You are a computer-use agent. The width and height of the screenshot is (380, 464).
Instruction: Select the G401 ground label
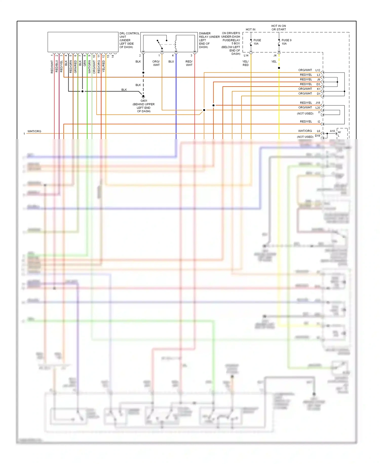click(144, 101)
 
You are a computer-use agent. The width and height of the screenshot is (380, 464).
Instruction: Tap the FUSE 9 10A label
click(286, 42)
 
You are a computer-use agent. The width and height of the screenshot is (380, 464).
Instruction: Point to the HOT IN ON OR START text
click(278, 28)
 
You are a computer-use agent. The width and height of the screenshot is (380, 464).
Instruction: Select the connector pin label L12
click(318, 70)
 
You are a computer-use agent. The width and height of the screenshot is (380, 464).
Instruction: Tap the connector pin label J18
click(318, 103)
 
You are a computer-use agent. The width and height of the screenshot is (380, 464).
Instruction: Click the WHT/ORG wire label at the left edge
click(34, 131)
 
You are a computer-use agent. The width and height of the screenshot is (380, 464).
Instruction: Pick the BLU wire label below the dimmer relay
click(171, 62)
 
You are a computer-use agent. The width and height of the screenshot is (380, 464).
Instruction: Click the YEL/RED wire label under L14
click(245, 63)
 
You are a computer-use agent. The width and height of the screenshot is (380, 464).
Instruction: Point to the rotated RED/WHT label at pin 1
click(52, 67)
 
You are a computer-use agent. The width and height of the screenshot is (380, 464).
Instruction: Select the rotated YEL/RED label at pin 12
click(104, 66)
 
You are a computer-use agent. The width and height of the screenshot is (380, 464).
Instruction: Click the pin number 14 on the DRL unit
click(113, 56)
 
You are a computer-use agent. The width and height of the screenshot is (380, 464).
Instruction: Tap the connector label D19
click(317, 136)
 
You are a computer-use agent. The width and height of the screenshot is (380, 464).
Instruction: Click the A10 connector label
click(332, 131)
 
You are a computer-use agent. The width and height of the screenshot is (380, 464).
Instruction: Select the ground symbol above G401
click(143, 97)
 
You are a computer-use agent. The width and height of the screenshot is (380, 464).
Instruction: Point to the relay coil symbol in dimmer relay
click(175, 44)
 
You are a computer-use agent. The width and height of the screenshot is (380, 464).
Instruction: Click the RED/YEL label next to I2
click(306, 122)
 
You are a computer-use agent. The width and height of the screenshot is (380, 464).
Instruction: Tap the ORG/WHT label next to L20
click(305, 108)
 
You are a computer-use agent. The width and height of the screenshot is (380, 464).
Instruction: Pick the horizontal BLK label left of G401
click(124, 90)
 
